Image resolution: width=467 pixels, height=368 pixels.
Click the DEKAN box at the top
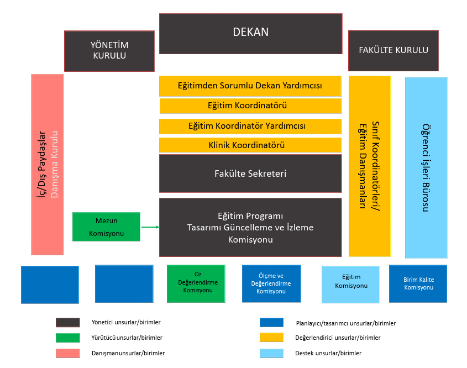250,33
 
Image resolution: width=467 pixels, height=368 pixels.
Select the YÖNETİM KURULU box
109,51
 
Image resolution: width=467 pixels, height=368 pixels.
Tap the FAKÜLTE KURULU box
393,50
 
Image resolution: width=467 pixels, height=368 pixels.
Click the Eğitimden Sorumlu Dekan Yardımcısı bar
250,86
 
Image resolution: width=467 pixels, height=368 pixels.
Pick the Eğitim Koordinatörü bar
250,106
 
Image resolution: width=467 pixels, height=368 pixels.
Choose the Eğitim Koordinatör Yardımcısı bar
250,126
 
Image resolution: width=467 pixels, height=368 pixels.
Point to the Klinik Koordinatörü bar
250,145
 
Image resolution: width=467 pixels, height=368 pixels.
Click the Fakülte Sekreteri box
250,174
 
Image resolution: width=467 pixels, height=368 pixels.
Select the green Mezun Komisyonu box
106,227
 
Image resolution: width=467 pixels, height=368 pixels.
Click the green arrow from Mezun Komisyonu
150,227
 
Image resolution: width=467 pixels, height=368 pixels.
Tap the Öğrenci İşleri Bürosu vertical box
426,167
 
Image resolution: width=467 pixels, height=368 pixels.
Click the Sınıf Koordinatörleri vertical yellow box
370,166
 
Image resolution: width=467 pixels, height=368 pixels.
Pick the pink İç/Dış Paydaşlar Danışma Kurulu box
48,165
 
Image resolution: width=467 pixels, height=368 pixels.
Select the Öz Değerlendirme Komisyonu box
196,283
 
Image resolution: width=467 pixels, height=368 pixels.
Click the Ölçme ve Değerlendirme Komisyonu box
271,283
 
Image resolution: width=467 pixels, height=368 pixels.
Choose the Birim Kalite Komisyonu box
418,283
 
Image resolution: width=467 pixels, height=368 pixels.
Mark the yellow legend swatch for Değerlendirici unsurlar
271,338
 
